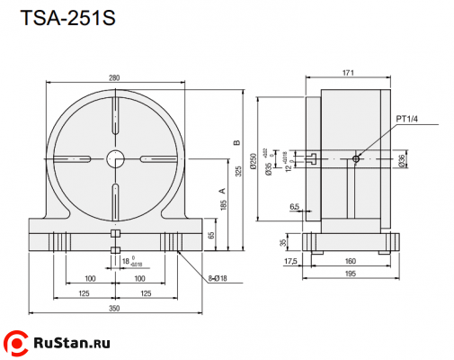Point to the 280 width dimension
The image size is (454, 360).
pos(115,78)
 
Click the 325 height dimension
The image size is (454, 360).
pos(239,170)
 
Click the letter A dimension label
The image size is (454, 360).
pos(220,191)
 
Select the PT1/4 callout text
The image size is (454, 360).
pos(407,119)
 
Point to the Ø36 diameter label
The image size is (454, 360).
pos(401,159)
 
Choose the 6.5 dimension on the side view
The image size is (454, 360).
pos(295,207)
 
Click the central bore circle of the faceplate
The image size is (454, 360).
pos(115,158)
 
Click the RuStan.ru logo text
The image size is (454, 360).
pos(71,344)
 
